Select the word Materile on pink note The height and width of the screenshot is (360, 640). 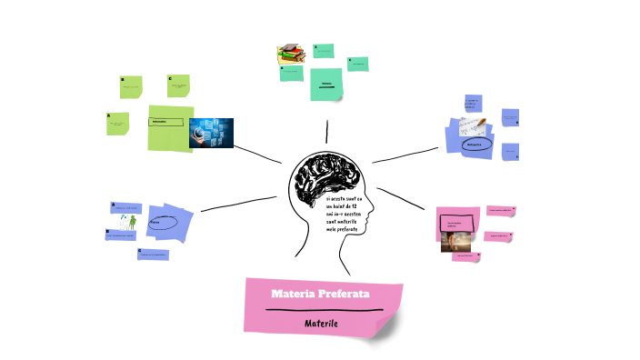(321, 323)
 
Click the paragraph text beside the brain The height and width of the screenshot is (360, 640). (345, 214)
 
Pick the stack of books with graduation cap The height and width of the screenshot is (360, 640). (290, 55)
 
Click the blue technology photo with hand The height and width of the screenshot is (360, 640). (211, 133)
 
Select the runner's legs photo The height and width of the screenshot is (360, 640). (455, 241)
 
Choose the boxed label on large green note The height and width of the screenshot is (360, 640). (167, 122)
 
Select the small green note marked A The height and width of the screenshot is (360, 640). (117, 124)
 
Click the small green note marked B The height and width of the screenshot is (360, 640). (131, 87)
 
